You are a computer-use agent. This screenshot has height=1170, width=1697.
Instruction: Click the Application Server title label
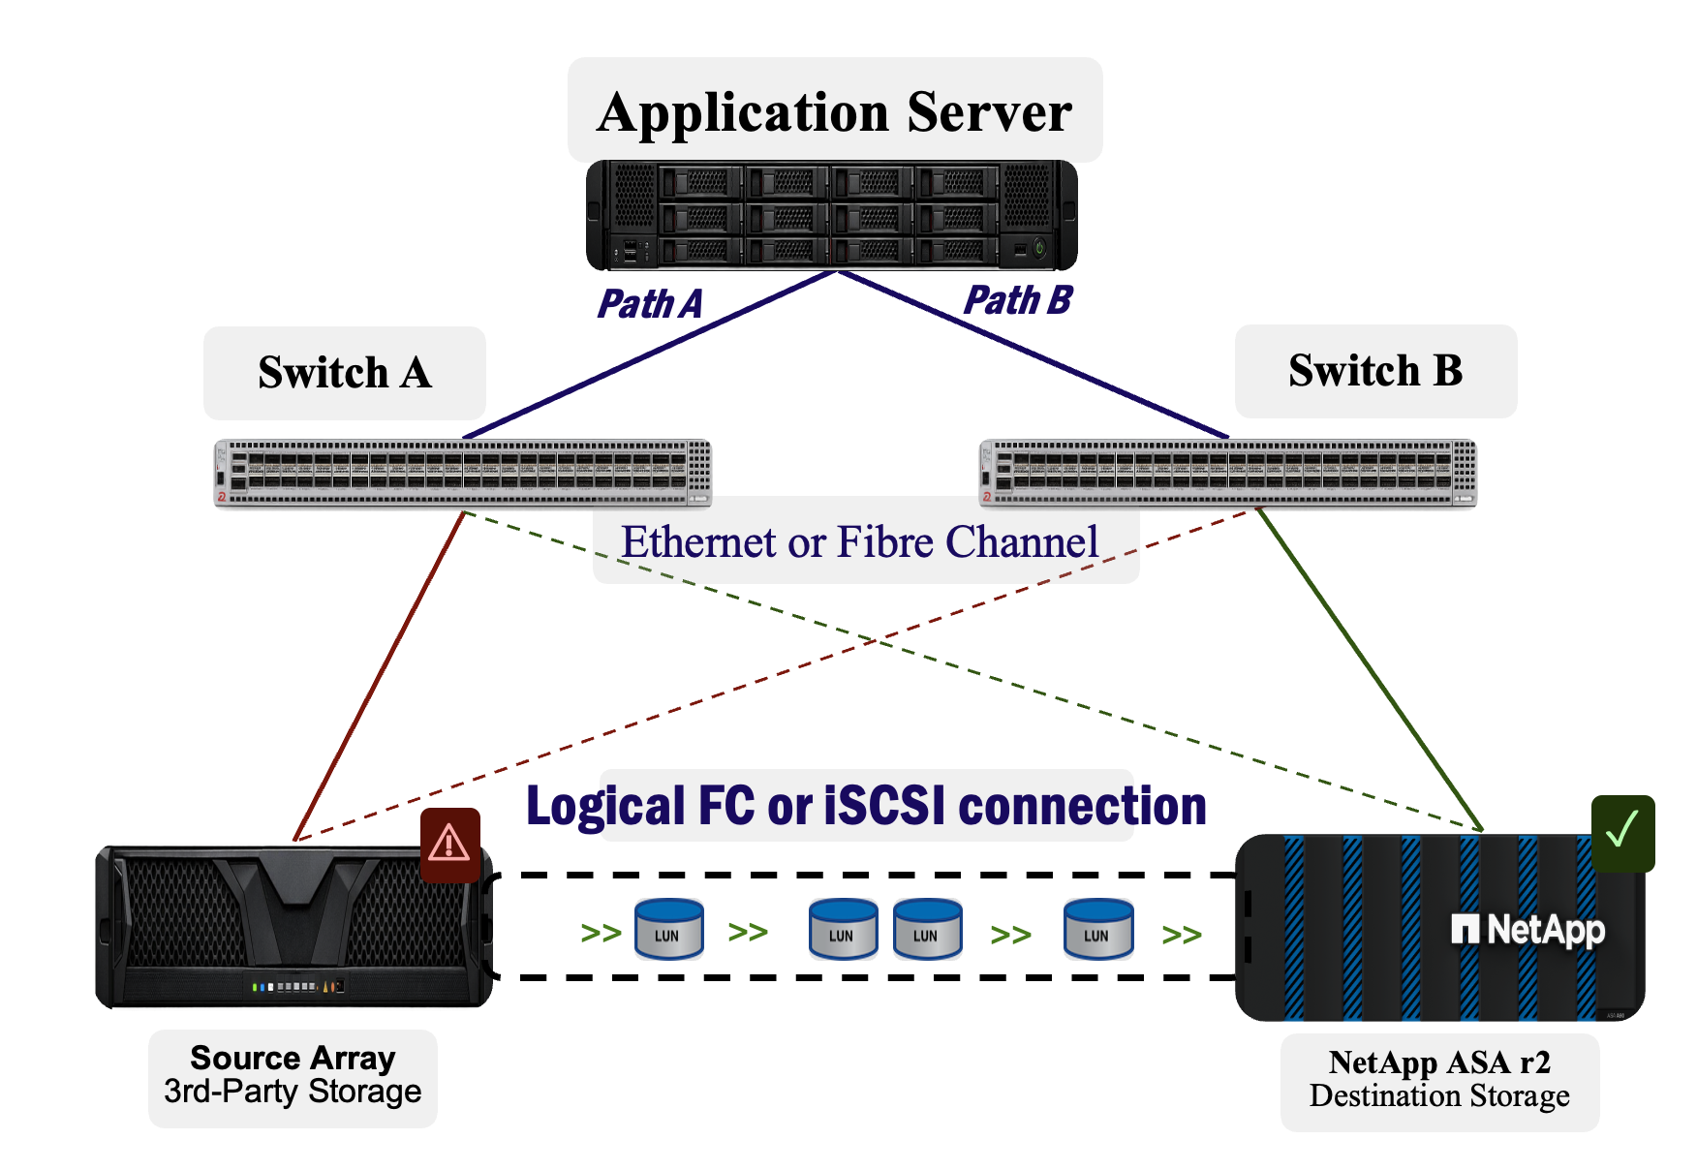(x=835, y=111)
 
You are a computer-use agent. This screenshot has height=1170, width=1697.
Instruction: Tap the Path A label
(x=649, y=304)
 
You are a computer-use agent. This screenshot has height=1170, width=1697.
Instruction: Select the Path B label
(x=1018, y=300)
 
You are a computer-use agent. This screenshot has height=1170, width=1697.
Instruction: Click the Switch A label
(x=345, y=373)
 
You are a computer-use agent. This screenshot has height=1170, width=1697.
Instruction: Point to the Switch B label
(x=1375, y=371)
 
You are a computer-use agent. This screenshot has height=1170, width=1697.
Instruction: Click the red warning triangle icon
(x=450, y=845)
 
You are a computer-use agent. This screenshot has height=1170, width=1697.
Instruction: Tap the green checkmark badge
(x=1623, y=833)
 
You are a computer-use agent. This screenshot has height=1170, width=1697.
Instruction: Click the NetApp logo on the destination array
(x=1528, y=930)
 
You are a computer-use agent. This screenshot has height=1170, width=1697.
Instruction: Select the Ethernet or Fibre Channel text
(x=860, y=541)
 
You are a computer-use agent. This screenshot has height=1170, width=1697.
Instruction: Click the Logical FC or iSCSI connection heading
(x=866, y=806)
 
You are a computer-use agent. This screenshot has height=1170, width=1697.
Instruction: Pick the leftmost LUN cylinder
(x=668, y=928)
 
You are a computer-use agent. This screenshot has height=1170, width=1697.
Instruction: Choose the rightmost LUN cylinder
(x=1098, y=928)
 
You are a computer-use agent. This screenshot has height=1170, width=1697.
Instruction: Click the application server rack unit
(x=832, y=215)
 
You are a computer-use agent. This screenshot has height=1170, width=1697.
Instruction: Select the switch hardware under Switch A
(x=463, y=473)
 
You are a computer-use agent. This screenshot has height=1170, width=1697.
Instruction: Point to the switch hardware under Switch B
(x=1228, y=473)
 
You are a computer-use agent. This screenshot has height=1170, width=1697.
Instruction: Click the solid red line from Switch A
(x=380, y=675)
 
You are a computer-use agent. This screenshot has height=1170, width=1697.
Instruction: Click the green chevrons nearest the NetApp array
(x=1182, y=935)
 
